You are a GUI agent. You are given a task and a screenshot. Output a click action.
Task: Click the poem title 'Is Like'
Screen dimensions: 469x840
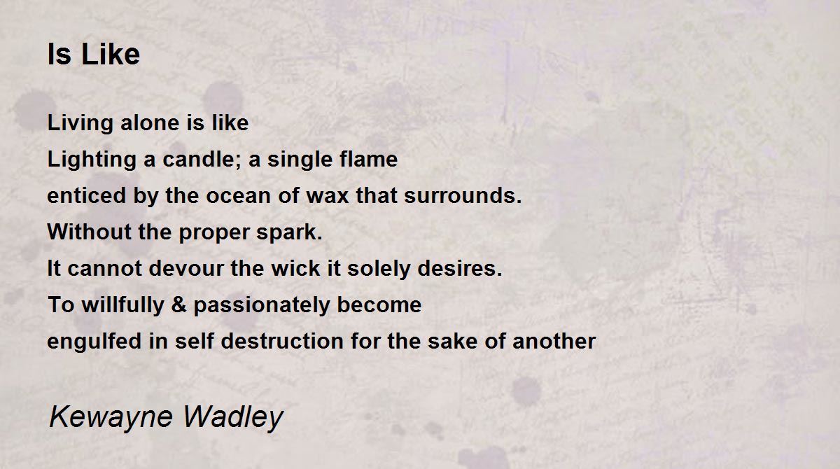tap(93, 55)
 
